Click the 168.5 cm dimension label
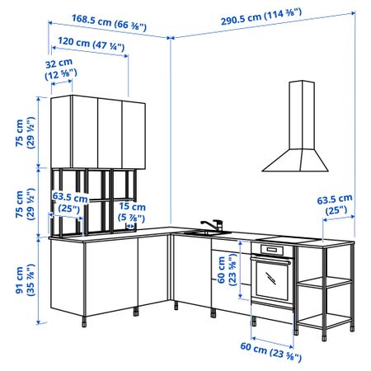coord(109,22)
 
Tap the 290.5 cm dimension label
coord(261,16)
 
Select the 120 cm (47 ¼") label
coord(92,44)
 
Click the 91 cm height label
coord(26,279)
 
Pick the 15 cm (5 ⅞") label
coord(132,212)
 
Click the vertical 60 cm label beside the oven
coord(227,270)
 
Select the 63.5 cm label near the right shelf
coord(335,204)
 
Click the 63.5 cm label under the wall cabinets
coord(70,203)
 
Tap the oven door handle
coord(270,260)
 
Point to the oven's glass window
coord(271,279)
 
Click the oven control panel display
coord(272,250)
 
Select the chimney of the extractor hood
coord(302,115)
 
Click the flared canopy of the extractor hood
coord(295,160)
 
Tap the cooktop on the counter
coord(288,240)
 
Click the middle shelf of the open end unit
coord(324,282)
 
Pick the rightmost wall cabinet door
coord(134,134)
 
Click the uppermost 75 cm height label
coord(26,133)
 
